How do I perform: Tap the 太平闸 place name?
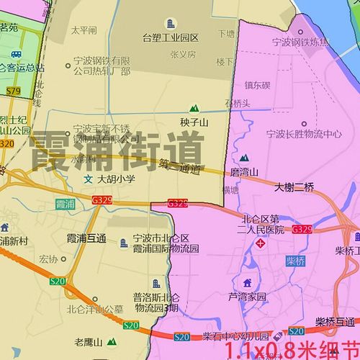[x=84, y=31]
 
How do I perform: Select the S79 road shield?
[x=14, y=91]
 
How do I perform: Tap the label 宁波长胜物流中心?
[x=303, y=133]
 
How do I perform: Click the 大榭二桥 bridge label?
[x=294, y=187]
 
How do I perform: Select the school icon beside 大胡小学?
[x=88, y=178]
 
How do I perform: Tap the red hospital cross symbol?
[x=261, y=245]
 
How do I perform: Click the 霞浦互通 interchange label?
[x=86, y=238]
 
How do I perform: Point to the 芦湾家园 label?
[x=247, y=296]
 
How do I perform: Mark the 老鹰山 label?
[x=89, y=342]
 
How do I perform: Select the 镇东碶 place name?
[x=256, y=85]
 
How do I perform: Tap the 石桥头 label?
[x=238, y=103]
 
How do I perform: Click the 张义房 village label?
[x=183, y=53]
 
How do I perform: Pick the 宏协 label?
[x=49, y=258]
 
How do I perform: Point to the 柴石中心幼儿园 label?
[x=235, y=336]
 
